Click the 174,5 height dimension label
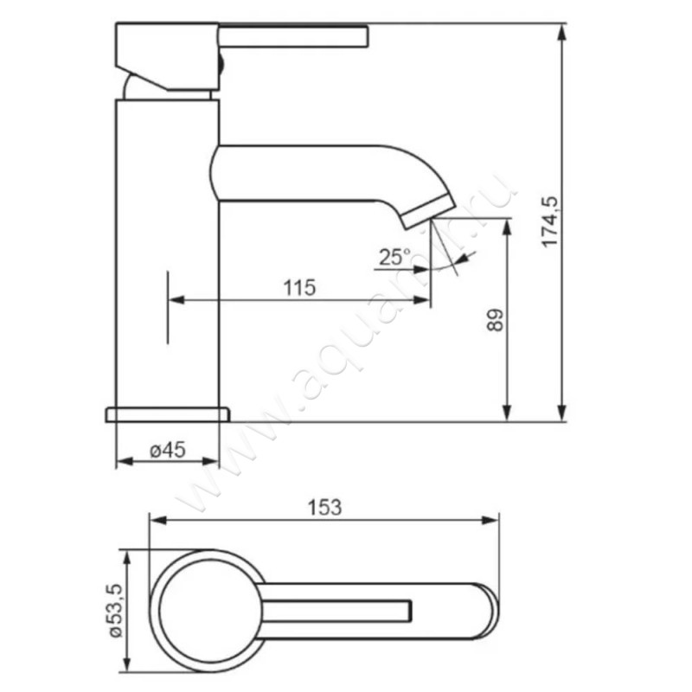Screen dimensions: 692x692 (550, 221)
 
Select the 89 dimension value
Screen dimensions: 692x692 (495, 320)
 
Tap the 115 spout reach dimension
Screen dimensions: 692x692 (299, 288)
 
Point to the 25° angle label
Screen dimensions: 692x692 (394, 257)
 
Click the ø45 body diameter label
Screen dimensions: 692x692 (168, 450)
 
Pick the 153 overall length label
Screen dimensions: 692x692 (324, 507)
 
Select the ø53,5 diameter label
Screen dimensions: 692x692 (114, 612)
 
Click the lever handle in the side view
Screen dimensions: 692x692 (293, 36)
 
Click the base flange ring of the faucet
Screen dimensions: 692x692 (168, 415)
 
